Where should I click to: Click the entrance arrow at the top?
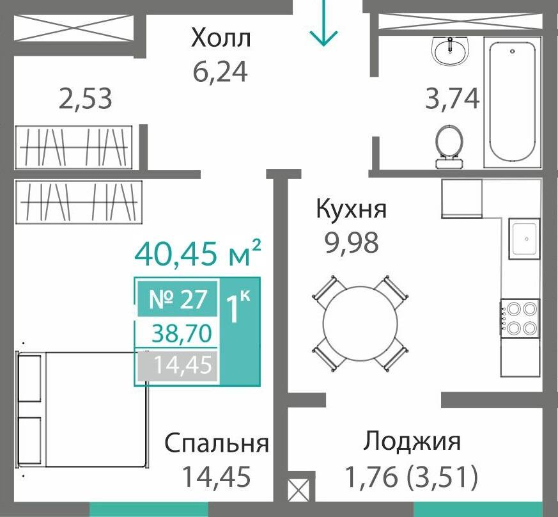click(323, 24)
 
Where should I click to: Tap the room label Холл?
click(221, 38)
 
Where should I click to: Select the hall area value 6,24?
click(220, 71)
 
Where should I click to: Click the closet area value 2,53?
click(86, 99)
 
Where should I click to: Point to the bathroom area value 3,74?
click(453, 99)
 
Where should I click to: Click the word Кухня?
click(352, 209)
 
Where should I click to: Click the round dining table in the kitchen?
click(359, 323)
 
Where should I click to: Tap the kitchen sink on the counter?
click(524, 239)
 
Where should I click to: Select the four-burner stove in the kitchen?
click(521, 318)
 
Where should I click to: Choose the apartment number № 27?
click(178, 300)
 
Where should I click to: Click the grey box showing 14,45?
click(177, 367)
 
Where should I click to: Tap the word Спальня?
click(216, 443)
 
